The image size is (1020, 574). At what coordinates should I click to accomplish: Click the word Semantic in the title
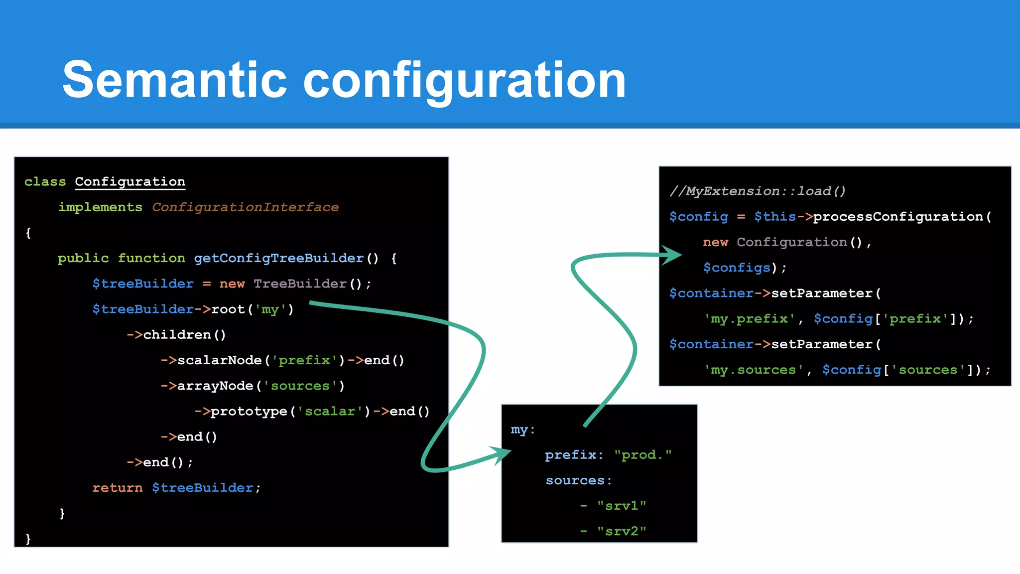pos(174,80)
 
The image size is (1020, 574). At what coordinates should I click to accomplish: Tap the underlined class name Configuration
pos(130,182)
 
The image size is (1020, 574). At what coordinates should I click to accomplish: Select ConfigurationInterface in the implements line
pos(245,207)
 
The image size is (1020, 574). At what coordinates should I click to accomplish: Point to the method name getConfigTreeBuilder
pos(278,258)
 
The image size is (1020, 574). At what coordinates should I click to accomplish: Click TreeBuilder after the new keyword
pos(300,284)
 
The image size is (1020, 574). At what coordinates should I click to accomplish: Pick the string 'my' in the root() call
pos(270,309)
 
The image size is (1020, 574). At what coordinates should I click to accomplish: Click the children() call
pos(184,335)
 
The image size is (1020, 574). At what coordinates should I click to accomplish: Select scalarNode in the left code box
pos(219,360)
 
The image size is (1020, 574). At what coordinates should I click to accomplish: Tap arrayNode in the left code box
pos(215,386)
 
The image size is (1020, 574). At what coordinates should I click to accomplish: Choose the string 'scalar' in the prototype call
pos(330,412)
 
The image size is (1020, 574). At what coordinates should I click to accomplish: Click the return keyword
pos(117,488)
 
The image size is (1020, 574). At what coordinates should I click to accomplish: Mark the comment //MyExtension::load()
pos(757,191)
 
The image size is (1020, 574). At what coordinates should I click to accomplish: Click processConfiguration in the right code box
pos(897,217)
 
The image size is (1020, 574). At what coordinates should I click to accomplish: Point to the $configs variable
pos(737,268)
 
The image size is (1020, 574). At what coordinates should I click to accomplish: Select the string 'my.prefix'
pos(749,319)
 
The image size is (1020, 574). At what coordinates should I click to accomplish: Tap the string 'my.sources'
pos(753,370)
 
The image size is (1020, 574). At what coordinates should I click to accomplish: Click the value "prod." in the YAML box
pos(642,455)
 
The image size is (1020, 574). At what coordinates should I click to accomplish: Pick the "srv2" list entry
pos(621,532)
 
